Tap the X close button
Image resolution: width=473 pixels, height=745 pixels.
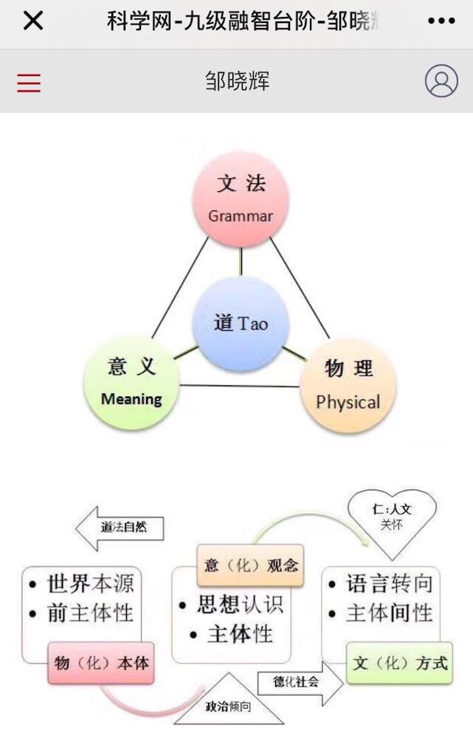pyautogui.click(x=33, y=21)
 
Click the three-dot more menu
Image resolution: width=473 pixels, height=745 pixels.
pyautogui.click(x=441, y=21)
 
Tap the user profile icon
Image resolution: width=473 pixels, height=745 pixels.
pyautogui.click(x=441, y=81)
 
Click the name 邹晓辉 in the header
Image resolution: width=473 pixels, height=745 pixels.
pyautogui.click(x=237, y=81)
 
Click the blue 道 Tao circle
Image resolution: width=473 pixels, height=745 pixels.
pyautogui.click(x=239, y=323)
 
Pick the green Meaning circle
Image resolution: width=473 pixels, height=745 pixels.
pyautogui.click(x=132, y=382)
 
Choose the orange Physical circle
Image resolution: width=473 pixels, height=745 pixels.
pyautogui.click(x=348, y=385)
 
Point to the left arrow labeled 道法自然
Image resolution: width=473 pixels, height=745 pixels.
pyautogui.click(x=120, y=528)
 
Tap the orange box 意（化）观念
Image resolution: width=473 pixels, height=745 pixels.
pyautogui.click(x=250, y=566)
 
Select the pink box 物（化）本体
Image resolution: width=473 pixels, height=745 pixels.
pyautogui.click(x=101, y=663)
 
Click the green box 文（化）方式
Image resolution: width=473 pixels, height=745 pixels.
pyautogui.click(x=399, y=662)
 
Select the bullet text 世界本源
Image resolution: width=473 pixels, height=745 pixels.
pyautogui.click(x=91, y=584)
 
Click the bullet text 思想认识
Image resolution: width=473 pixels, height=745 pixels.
pyautogui.click(x=240, y=605)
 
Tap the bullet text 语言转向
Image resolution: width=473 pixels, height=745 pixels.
pyautogui.click(x=389, y=584)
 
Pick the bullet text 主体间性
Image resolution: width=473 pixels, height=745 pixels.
pyautogui.click(x=389, y=613)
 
